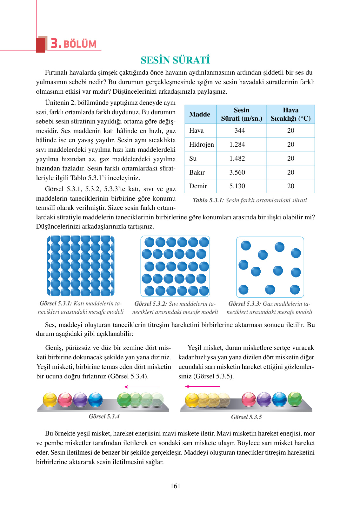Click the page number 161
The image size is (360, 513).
[x=175, y=486]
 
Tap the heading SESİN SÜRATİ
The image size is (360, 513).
[x=175, y=60]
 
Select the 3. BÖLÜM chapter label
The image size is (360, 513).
[x=73, y=44]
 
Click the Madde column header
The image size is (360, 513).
[x=200, y=114]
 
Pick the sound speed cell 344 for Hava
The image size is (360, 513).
[x=240, y=130]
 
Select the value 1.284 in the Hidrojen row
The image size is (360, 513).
[x=237, y=144]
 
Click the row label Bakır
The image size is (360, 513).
[x=197, y=172]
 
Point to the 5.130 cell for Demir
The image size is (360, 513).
[x=237, y=186]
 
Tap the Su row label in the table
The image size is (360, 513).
[x=193, y=158]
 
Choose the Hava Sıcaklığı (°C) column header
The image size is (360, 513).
[x=290, y=114]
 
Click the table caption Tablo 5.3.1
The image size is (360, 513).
[x=208, y=200]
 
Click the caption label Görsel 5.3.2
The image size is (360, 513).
[x=150, y=304]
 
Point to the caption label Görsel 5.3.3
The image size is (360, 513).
[x=245, y=304]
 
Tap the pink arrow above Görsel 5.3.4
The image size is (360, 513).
[x=141, y=387]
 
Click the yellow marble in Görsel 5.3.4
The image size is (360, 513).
[x=50, y=400]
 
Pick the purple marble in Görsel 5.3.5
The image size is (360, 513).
[x=264, y=399]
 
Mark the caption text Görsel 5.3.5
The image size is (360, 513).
[x=246, y=417]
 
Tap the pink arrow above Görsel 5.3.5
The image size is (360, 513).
[x=202, y=387]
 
